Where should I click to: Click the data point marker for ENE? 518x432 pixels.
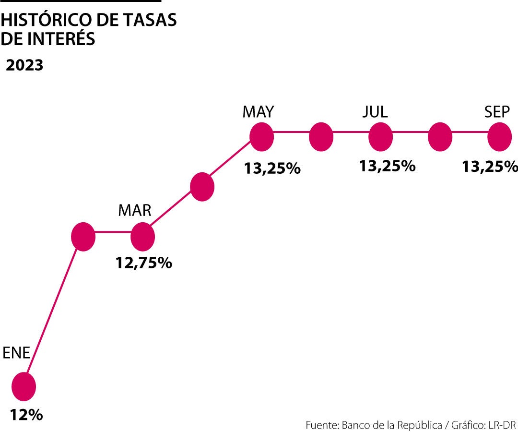pyautogui.click(x=24, y=386)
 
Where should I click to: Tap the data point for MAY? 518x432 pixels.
pyautogui.click(x=262, y=137)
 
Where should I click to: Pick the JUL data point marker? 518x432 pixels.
pyautogui.click(x=381, y=137)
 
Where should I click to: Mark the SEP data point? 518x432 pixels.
pyautogui.click(x=499, y=137)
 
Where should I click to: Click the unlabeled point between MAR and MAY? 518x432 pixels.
pyautogui.click(x=202, y=187)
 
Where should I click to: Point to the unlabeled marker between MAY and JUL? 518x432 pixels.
pyautogui.click(x=321, y=137)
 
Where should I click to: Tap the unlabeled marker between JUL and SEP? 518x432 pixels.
pyautogui.click(x=440, y=137)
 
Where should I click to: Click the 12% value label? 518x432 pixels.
pyautogui.click(x=27, y=414)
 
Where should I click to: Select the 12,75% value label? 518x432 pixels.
pyautogui.click(x=143, y=263)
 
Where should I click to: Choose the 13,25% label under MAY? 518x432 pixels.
pyautogui.click(x=272, y=168)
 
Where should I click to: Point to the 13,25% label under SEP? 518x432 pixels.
pyautogui.click(x=490, y=166)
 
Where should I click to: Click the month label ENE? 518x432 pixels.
pyautogui.click(x=17, y=353)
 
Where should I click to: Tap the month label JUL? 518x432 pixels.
pyautogui.click(x=375, y=112)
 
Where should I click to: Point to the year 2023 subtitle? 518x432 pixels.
pyautogui.click(x=24, y=65)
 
